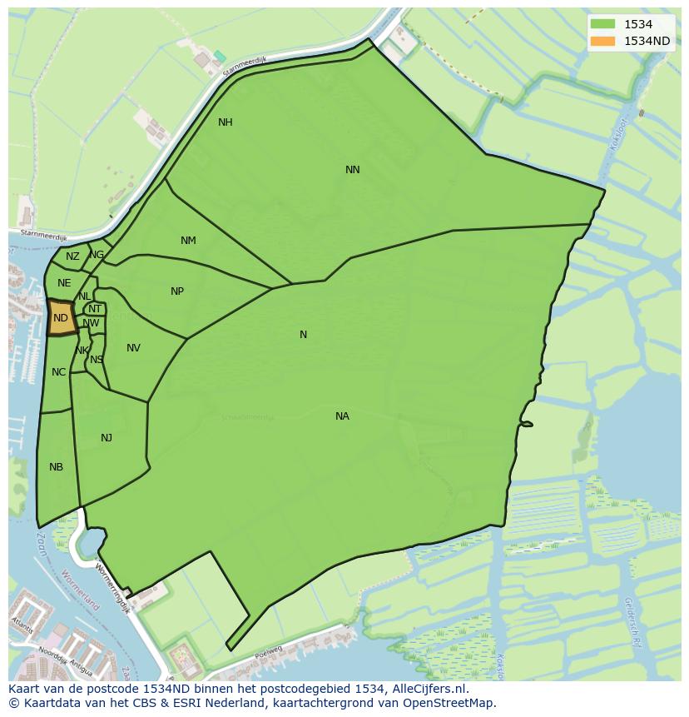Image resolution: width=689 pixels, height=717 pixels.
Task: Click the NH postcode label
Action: click(x=225, y=122)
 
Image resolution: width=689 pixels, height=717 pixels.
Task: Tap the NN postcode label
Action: click(x=353, y=170)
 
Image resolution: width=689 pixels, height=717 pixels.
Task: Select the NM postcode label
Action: click(x=188, y=241)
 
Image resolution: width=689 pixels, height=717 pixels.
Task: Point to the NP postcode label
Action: click(x=177, y=291)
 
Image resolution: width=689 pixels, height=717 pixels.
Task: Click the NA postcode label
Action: click(x=342, y=416)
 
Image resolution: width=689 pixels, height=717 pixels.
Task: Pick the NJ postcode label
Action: click(x=107, y=438)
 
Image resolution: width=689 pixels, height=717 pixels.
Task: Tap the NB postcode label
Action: click(x=56, y=467)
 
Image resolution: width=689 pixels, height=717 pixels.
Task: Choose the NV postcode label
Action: click(x=133, y=348)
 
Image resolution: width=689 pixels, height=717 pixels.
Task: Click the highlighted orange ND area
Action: click(x=61, y=318)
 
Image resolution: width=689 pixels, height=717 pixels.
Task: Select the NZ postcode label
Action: click(x=72, y=256)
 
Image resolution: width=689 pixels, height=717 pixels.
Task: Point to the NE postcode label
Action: click(x=64, y=283)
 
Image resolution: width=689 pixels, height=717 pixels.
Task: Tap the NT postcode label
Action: click(x=95, y=309)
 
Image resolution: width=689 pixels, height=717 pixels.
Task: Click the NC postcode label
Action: click(x=58, y=372)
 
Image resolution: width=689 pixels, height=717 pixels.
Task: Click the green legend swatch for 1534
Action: click(x=602, y=25)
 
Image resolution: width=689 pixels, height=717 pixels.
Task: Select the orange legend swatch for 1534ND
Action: click(x=602, y=41)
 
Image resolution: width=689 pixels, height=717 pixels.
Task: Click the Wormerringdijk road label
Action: click(x=112, y=587)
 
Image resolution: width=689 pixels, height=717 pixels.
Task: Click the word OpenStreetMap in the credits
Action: click(x=448, y=704)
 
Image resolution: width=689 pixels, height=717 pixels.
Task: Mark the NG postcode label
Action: click(x=97, y=255)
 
